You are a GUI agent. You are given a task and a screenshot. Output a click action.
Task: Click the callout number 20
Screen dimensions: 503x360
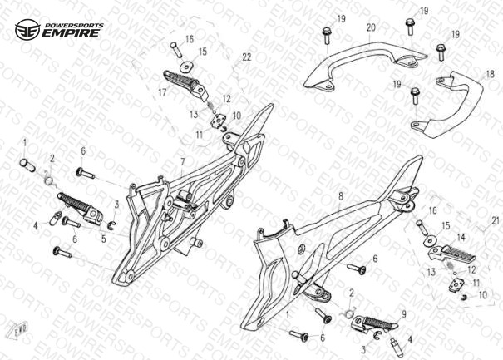pos(371,27)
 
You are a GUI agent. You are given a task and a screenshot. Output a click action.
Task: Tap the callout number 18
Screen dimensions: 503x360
pos(490,75)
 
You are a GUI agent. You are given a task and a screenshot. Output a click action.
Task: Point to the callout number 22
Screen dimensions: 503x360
pos(247,57)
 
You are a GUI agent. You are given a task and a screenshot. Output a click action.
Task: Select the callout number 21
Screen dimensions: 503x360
pos(496,221)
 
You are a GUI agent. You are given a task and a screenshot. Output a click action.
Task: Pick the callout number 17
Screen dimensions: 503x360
pos(162,93)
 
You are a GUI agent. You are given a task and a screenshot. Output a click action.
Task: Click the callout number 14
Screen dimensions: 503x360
pos(461,238)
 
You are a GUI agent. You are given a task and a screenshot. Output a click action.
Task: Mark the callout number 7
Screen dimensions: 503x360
pos(183,162)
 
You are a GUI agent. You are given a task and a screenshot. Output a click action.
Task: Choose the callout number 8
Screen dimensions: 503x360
pos(341,195)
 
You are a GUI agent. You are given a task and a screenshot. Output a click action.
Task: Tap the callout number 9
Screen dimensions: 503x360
pos(404,314)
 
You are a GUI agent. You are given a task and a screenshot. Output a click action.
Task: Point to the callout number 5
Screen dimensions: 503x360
pos(103,239)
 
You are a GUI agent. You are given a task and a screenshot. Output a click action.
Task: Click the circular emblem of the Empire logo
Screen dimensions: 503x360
pos(27,30)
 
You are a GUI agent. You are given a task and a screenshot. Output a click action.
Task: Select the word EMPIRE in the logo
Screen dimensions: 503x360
pos(71,33)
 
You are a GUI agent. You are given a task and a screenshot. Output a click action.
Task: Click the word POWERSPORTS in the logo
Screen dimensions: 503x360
pos(74,25)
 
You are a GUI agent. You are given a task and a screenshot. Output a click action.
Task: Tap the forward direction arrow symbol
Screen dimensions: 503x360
pos(21,328)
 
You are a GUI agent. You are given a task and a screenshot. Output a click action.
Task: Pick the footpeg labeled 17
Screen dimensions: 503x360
pos(185,84)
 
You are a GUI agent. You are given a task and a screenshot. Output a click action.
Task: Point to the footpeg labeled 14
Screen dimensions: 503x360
pos(452,252)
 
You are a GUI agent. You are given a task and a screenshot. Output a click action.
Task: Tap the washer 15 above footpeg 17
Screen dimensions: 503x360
pos(185,67)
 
